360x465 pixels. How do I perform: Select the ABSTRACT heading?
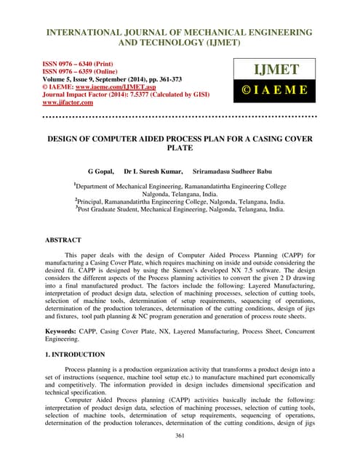click(x=63, y=239)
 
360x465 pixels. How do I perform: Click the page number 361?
click(x=180, y=435)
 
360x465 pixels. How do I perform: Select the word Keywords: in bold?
click(x=65, y=331)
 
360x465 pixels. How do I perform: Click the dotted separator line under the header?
click(x=180, y=116)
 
